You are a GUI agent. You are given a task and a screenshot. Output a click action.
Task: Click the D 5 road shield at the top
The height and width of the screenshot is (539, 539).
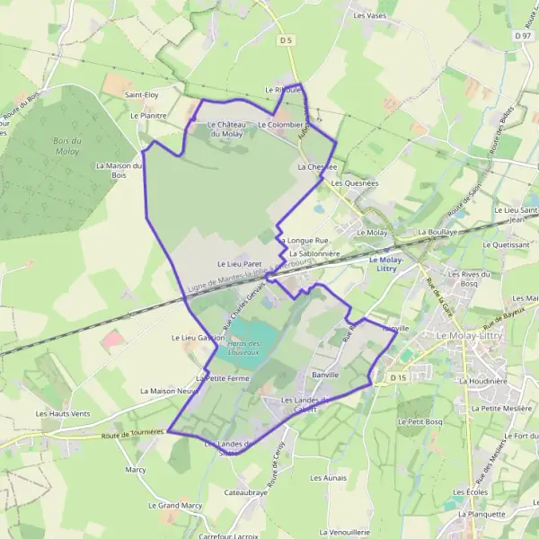pyautogui.click(x=287, y=40)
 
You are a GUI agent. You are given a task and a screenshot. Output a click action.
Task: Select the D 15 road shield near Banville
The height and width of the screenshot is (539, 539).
pyautogui.click(x=399, y=379)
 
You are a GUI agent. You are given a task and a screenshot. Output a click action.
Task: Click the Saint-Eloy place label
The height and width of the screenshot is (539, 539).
pyautogui.click(x=141, y=94)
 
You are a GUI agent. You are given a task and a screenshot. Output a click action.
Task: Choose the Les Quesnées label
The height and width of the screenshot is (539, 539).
pyautogui.click(x=355, y=182)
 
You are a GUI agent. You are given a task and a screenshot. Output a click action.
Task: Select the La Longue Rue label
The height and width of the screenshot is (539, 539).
pyautogui.click(x=303, y=241)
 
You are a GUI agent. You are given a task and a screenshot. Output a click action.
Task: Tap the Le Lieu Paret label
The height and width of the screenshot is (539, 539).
pyautogui.click(x=238, y=263)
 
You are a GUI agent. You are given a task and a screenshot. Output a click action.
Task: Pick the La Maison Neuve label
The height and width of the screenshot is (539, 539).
pyautogui.click(x=168, y=392)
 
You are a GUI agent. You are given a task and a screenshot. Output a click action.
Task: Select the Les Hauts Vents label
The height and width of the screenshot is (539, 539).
pyautogui.click(x=62, y=413)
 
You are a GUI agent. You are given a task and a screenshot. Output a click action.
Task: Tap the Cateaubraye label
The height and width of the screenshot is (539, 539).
pyautogui.click(x=245, y=493)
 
